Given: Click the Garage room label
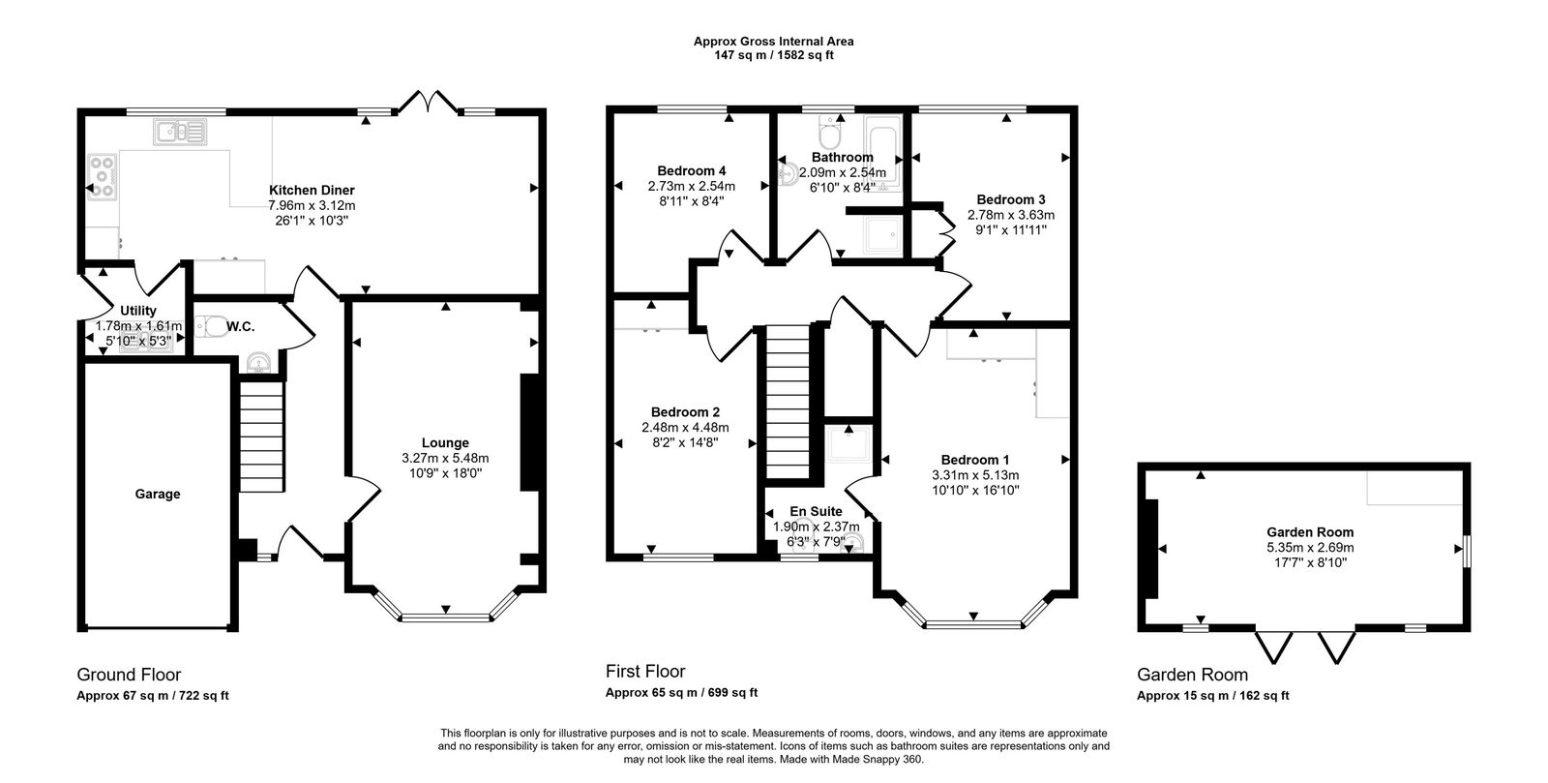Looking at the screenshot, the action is [158, 495].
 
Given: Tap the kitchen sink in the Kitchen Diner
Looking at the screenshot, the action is [180, 132].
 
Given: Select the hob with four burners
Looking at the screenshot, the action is [103, 177].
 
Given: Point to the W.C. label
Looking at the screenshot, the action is [240, 326].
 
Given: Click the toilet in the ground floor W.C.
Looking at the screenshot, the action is [212, 326].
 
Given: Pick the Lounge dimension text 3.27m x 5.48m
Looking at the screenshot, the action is [445, 458].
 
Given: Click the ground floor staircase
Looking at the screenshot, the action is [262, 437].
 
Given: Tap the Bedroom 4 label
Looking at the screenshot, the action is [691, 170].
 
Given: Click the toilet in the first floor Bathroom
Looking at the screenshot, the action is [829, 132].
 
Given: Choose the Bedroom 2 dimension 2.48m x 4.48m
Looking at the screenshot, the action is [685, 428].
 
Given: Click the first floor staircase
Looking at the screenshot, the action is [788, 402].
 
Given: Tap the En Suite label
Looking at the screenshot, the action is [816, 511].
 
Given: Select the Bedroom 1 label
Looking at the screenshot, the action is [975, 460].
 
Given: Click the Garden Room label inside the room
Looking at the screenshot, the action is [1310, 532].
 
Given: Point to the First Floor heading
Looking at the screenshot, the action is [645, 671].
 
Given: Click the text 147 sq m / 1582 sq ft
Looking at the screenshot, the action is [774, 55].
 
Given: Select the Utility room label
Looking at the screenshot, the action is [138, 311].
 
